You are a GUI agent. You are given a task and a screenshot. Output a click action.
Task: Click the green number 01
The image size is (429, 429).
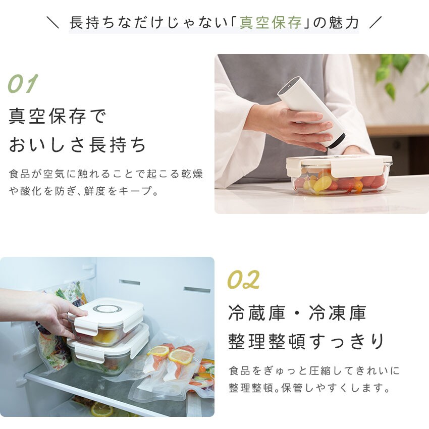(x=23, y=83)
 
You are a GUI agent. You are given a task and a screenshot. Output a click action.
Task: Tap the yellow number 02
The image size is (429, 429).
(x=243, y=279)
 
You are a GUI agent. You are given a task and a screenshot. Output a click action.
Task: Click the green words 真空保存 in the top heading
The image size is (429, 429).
(x=271, y=22)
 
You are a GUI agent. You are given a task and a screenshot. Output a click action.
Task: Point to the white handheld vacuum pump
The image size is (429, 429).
(x=311, y=112)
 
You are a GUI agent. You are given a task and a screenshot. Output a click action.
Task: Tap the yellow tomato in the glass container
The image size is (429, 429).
(x=323, y=183)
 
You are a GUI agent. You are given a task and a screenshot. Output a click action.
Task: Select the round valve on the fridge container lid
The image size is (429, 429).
(x=108, y=308)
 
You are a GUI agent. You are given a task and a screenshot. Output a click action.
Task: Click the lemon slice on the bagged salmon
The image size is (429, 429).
(x=181, y=357)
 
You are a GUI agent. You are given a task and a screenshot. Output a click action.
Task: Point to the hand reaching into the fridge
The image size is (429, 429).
(x=41, y=312)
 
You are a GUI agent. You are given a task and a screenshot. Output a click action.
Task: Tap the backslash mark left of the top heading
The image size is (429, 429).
(x=53, y=22)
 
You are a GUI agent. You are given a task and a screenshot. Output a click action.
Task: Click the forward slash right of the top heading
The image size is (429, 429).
(x=375, y=22)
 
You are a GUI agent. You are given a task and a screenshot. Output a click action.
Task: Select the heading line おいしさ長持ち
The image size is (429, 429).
(x=77, y=145)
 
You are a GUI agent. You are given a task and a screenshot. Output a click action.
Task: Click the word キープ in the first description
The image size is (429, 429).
(x=135, y=191)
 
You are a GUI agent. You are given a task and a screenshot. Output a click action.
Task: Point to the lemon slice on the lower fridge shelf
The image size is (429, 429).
(x=102, y=409)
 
